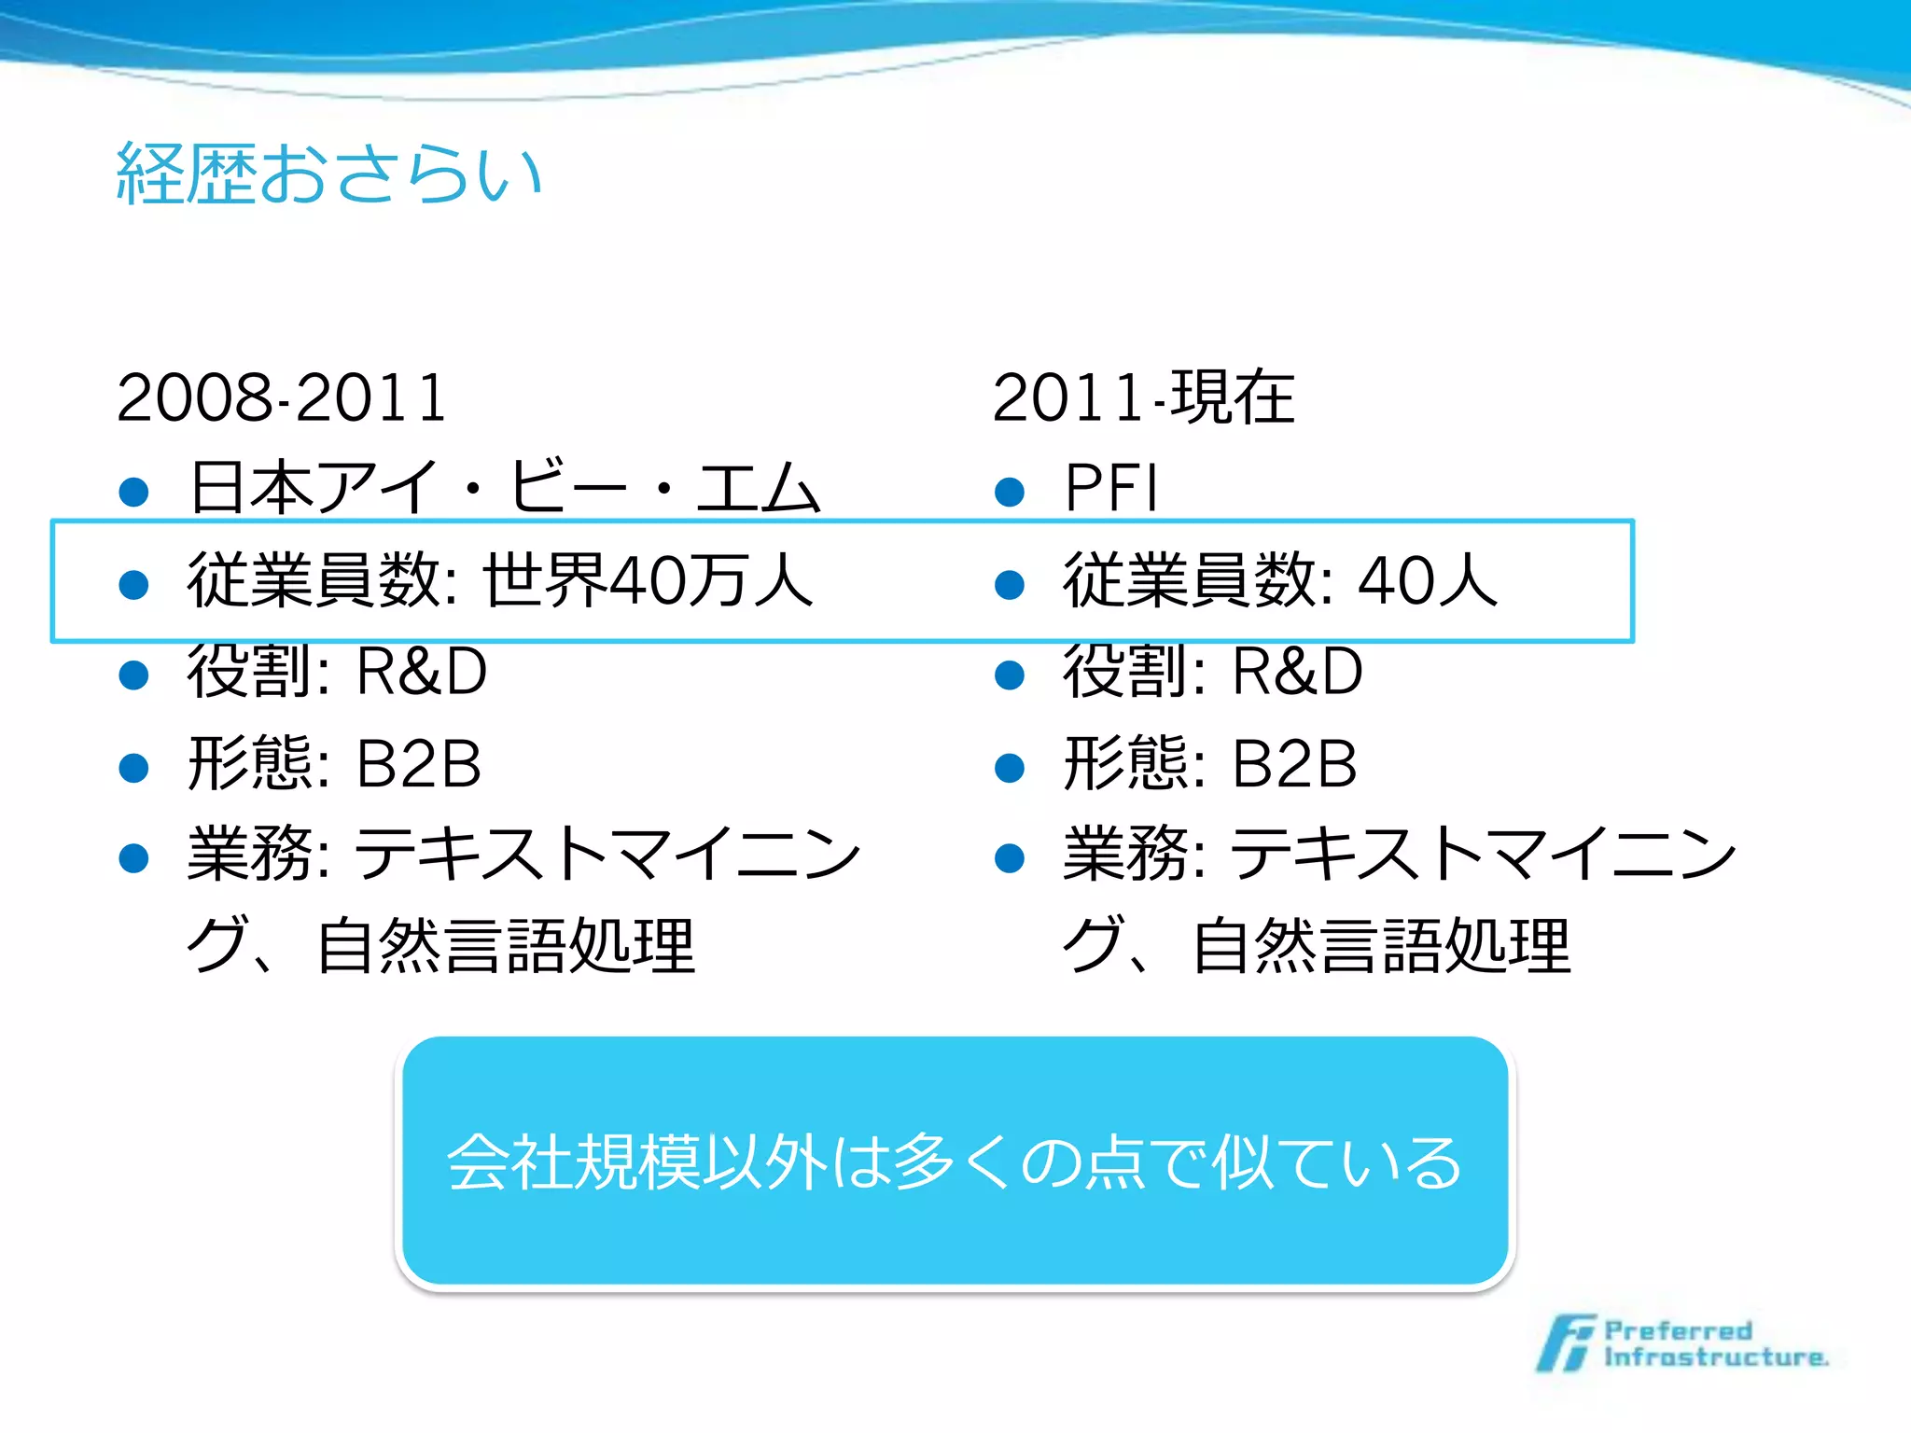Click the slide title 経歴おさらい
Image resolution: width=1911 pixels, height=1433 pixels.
pos(328,174)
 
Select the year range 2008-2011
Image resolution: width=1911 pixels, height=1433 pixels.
pos(281,398)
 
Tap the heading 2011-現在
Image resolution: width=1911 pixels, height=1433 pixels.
pos(1143,398)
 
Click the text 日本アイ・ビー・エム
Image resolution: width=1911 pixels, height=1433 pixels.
pos(504,488)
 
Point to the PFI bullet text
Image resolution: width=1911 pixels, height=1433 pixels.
pos(1110,488)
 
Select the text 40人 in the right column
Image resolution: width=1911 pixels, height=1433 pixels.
pos(1428,580)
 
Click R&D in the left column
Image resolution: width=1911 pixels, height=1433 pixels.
pos(422,672)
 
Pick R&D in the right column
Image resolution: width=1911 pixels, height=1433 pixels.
pos(1297,672)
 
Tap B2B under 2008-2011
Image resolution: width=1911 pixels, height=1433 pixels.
pos(419,764)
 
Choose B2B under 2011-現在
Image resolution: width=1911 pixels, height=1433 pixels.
pos(1294,764)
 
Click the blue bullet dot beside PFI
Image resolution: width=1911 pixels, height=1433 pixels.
pos(1010,492)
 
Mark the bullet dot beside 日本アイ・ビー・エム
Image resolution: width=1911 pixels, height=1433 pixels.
pos(134,492)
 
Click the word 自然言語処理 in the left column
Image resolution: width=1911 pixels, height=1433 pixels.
pos(506,946)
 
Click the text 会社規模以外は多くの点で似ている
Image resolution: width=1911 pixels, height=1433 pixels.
pos(954,1162)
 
